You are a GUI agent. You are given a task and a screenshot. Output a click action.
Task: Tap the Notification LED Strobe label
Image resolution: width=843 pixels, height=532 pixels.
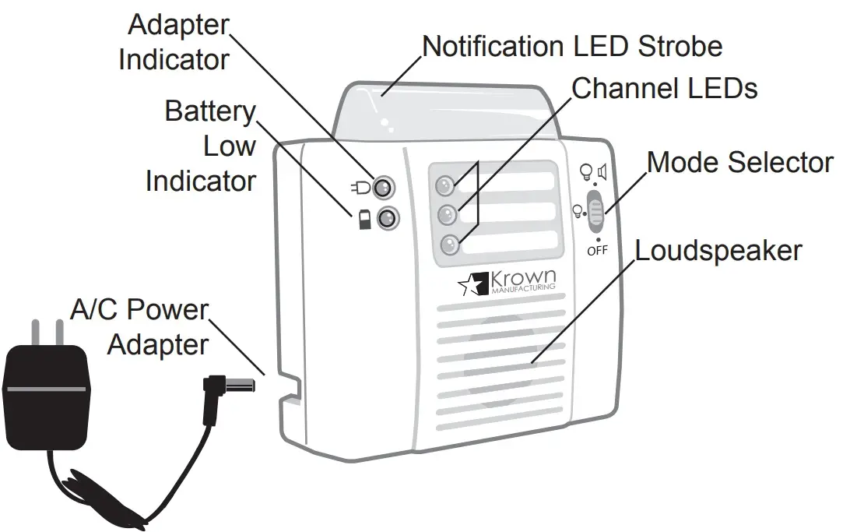[x=571, y=46]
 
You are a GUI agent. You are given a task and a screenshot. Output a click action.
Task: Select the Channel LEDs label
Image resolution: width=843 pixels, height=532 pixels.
[x=664, y=89]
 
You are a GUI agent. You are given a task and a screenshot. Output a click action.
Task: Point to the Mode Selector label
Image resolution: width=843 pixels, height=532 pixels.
[x=739, y=163]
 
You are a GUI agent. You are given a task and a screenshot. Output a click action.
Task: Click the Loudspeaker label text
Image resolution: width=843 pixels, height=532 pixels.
[x=718, y=252]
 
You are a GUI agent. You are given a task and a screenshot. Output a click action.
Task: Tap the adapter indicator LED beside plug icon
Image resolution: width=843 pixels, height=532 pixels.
[x=384, y=187]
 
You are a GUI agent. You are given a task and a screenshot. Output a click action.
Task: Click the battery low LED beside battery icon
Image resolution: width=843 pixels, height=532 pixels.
[x=386, y=219]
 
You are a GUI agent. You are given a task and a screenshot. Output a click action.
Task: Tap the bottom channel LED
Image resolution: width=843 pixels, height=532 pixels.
[x=450, y=245]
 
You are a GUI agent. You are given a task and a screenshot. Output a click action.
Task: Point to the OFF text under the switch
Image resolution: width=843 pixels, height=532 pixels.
[x=597, y=250]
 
